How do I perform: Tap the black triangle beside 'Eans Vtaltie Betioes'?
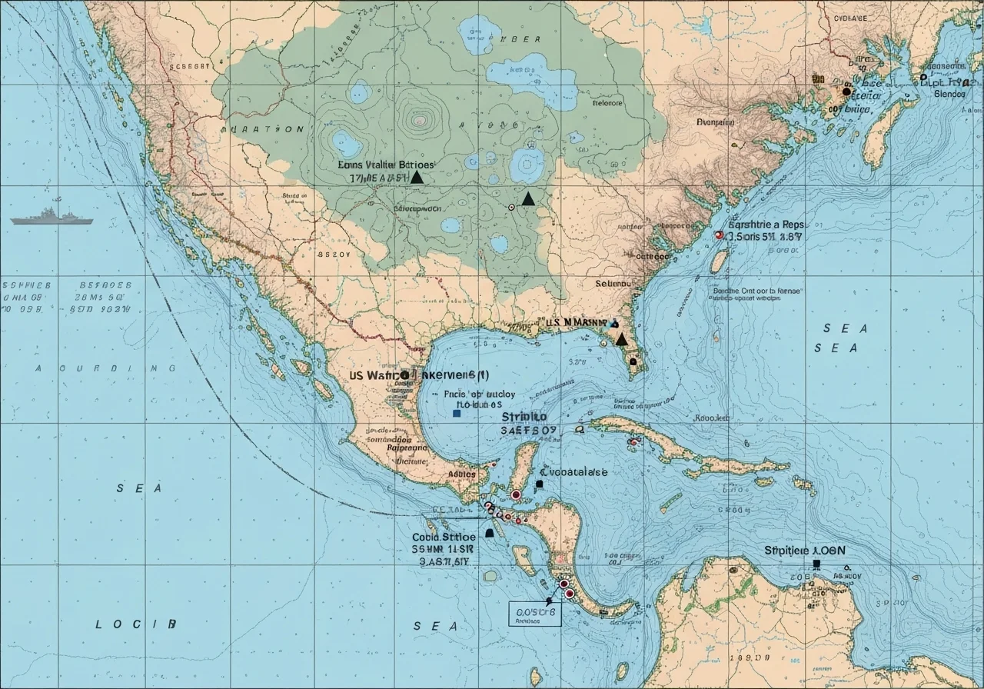pyautogui.click(x=417, y=177)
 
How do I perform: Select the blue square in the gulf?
pyautogui.click(x=457, y=413)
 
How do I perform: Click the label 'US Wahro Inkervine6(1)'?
pyautogui.click(x=419, y=375)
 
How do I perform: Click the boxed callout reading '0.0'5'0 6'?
pyautogui.click(x=535, y=612)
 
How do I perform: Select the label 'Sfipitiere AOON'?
pyautogui.click(x=804, y=551)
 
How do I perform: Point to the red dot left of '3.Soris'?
pyautogui.click(x=719, y=235)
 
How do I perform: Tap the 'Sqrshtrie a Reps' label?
pyautogui.click(x=766, y=225)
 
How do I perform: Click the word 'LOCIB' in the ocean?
pyautogui.click(x=136, y=624)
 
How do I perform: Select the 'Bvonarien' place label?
pyautogui.click(x=715, y=121)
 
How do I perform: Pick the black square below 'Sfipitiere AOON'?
pyautogui.click(x=816, y=564)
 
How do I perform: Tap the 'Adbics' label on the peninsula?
pyautogui.click(x=461, y=475)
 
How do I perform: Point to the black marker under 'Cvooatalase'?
pyautogui.click(x=539, y=484)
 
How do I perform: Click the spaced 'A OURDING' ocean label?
pyautogui.click(x=105, y=368)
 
